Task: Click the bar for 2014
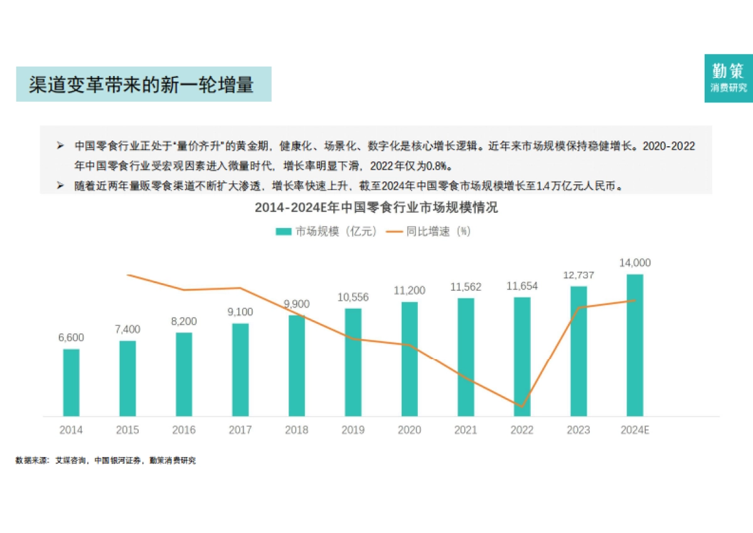[71, 382]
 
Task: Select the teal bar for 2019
[353, 362]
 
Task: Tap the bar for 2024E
[634, 345]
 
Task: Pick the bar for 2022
[522, 356]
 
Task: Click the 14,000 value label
[634, 263]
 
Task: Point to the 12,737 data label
[578, 276]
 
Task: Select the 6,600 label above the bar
[71, 338]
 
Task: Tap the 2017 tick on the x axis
[240, 430]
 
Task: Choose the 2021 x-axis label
[466, 430]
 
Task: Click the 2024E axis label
[634, 430]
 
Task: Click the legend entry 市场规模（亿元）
[328, 232]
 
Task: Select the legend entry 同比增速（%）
[430, 232]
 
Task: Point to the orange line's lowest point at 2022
[521, 407]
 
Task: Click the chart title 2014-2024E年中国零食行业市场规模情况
[376, 208]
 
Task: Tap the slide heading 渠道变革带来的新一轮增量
[143, 85]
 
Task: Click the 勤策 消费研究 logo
[728, 78]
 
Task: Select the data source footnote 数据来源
[105, 461]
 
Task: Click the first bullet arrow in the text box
[60, 146]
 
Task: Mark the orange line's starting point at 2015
[127, 275]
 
